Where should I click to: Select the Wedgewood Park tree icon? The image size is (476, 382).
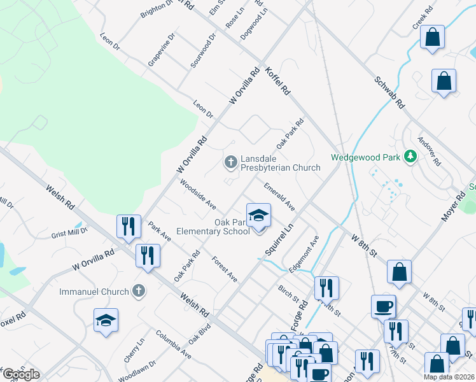[x=411, y=156]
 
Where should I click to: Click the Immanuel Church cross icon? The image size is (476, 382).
[x=138, y=292]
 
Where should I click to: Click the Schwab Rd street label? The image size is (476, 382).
[x=389, y=92]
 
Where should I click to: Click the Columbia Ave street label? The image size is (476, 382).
[x=173, y=344]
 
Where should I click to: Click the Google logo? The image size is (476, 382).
[x=21, y=374]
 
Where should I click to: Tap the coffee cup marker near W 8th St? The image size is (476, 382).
[x=384, y=306]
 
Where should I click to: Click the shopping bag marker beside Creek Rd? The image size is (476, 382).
[x=432, y=38]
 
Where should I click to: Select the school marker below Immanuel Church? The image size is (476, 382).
[x=106, y=320]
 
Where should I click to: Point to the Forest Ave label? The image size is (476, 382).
[x=225, y=269]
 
